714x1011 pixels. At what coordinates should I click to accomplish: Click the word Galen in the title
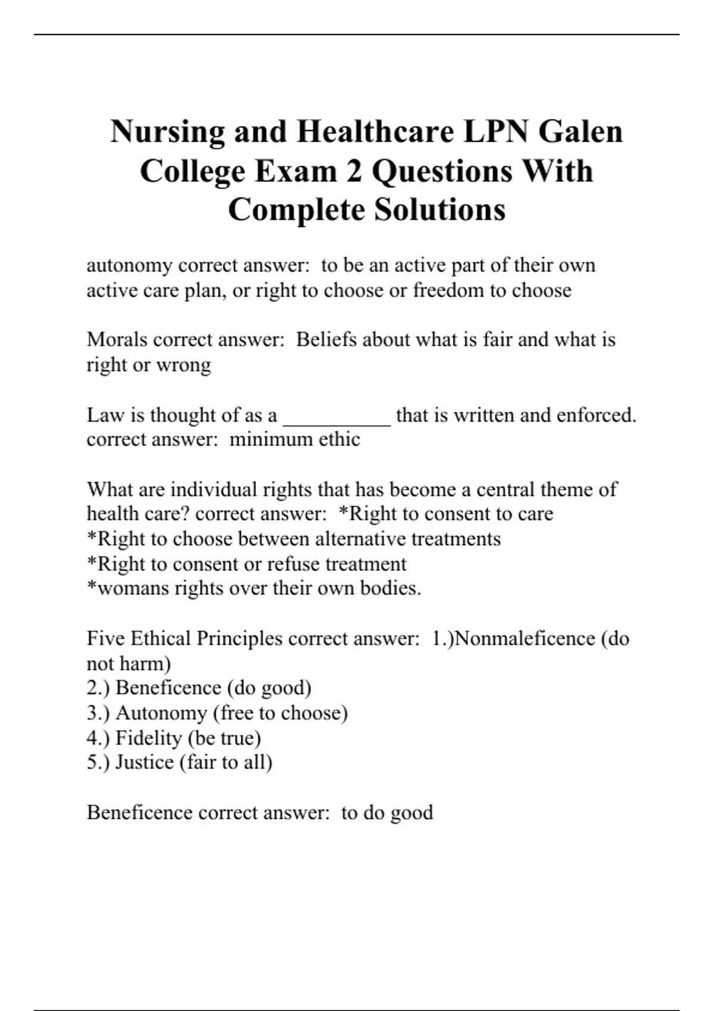tap(581, 131)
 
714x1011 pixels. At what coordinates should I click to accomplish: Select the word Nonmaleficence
tap(524, 639)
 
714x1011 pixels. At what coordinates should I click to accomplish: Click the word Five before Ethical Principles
tap(106, 639)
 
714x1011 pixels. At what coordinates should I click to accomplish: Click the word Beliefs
tap(325, 340)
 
